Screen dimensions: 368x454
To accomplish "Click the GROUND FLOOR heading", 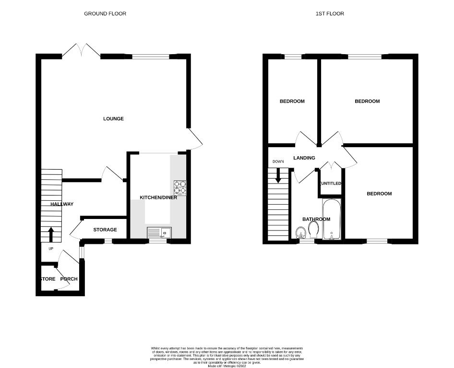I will pyautogui.click(x=105, y=13).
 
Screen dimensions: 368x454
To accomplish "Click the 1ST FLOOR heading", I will pyautogui.click(x=329, y=13).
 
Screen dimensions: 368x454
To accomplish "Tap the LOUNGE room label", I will pyautogui.click(x=113, y=118).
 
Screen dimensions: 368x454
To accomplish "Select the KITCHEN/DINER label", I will pyautogui.click(x=158, y=197).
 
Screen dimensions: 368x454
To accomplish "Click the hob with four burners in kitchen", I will pyautogui.click(x=179, y=186).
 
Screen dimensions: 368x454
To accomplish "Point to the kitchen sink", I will pyautogui.click(x=158, y=233).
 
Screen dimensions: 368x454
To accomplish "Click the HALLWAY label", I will pyautogui.click(x=62, y=204).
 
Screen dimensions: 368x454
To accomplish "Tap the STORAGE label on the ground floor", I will pyautogui.click(x=105, y=230).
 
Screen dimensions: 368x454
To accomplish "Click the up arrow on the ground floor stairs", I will pyautogui.click(x=51, y=235).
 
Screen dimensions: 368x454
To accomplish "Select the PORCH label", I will pyautogui.click(x=69, y=279).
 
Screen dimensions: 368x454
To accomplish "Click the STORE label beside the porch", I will pyautogui.click(x=48, y=279).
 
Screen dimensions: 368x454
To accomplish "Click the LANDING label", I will pyautogui.click(x=304, y=158).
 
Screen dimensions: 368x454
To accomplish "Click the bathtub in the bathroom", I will pyautogui.click(x=331, y=220).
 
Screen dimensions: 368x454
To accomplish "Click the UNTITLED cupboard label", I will pyautogui.click(x=331, y=184).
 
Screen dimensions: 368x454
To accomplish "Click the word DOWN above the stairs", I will pyautogui.click(x=278, y=161).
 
